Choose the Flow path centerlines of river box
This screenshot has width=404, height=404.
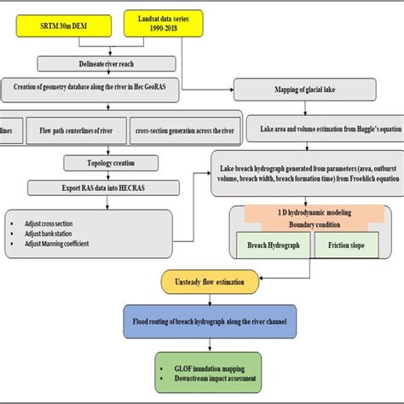(80, 132)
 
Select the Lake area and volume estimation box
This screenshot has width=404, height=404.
(315, 132)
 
